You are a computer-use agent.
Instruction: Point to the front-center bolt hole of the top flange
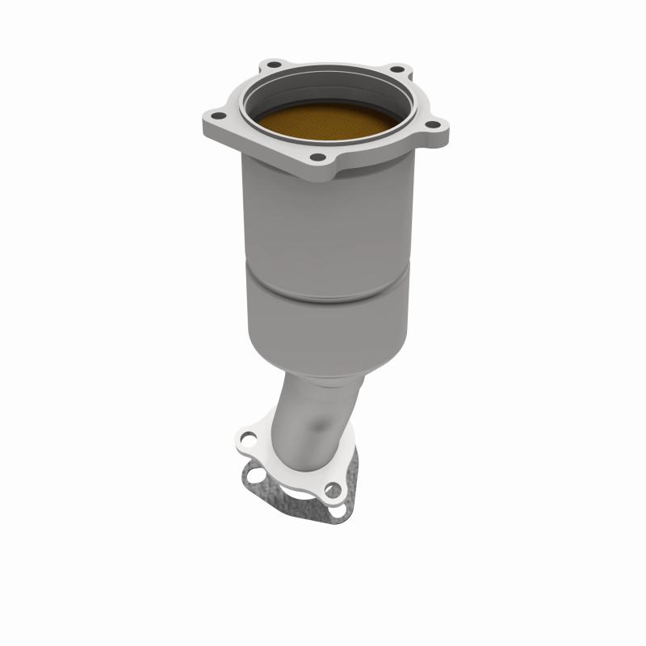318,157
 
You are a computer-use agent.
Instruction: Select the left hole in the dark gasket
256,476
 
